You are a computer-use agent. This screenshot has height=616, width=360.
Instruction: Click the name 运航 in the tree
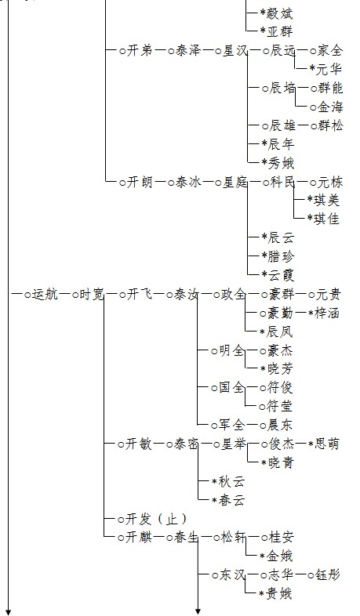click(x=45, y=294)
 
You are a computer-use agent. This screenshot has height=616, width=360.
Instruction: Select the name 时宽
click(x=92, y=294)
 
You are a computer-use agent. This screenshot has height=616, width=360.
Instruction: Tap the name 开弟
click(x=140, y=51)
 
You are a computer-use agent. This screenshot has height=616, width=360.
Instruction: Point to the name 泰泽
click(x=187, y=51)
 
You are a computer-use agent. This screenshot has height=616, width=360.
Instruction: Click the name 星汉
click(x=235, y=51)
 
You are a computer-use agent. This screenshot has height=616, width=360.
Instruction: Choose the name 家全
click(x=330, y=51)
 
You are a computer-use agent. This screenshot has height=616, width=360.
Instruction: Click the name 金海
click(x=330, y=107)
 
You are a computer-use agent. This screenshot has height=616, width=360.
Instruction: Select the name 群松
click(x=330, y=125)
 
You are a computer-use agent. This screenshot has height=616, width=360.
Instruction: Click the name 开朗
click(x=140, y=183)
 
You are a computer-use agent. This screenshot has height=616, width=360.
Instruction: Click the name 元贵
click(x=329, y=294)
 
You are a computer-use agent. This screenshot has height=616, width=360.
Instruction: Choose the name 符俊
click(x=280, y=388)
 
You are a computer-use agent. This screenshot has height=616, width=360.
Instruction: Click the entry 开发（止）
click(x=156, y=519)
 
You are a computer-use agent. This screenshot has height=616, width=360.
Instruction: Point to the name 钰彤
click(x=328, y=575)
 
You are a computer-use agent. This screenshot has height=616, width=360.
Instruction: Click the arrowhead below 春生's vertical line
click(x=198, y=611)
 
